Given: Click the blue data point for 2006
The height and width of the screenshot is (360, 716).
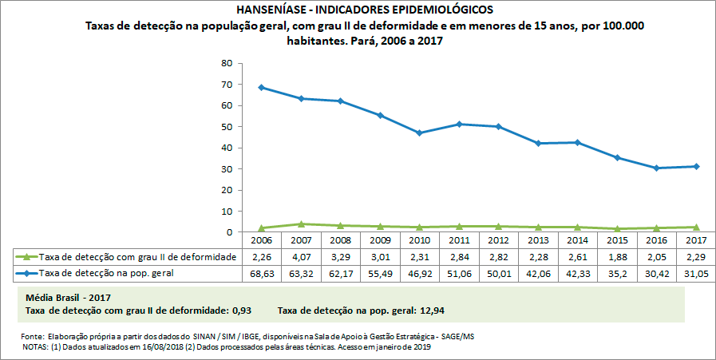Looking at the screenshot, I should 261,87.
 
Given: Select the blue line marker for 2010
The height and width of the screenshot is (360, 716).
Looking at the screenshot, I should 419,133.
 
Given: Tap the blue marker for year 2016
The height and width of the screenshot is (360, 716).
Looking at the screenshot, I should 656,168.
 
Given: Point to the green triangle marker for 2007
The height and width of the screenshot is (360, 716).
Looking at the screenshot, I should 301,224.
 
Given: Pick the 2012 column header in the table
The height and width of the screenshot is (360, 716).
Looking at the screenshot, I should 498,240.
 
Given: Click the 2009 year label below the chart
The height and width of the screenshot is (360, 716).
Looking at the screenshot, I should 380,240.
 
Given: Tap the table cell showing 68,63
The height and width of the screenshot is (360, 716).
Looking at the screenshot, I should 261,273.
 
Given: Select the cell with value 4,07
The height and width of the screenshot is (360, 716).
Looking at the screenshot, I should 301,257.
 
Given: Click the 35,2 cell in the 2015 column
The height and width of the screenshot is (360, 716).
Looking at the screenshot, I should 617,273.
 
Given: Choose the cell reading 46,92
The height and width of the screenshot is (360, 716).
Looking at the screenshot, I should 419,273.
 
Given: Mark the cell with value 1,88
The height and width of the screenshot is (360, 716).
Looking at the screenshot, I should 617,257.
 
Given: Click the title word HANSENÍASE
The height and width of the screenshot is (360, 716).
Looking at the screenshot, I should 272,10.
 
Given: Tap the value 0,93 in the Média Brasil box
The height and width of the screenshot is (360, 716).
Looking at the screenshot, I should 243,309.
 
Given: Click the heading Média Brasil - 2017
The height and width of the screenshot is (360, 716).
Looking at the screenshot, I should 69,297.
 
